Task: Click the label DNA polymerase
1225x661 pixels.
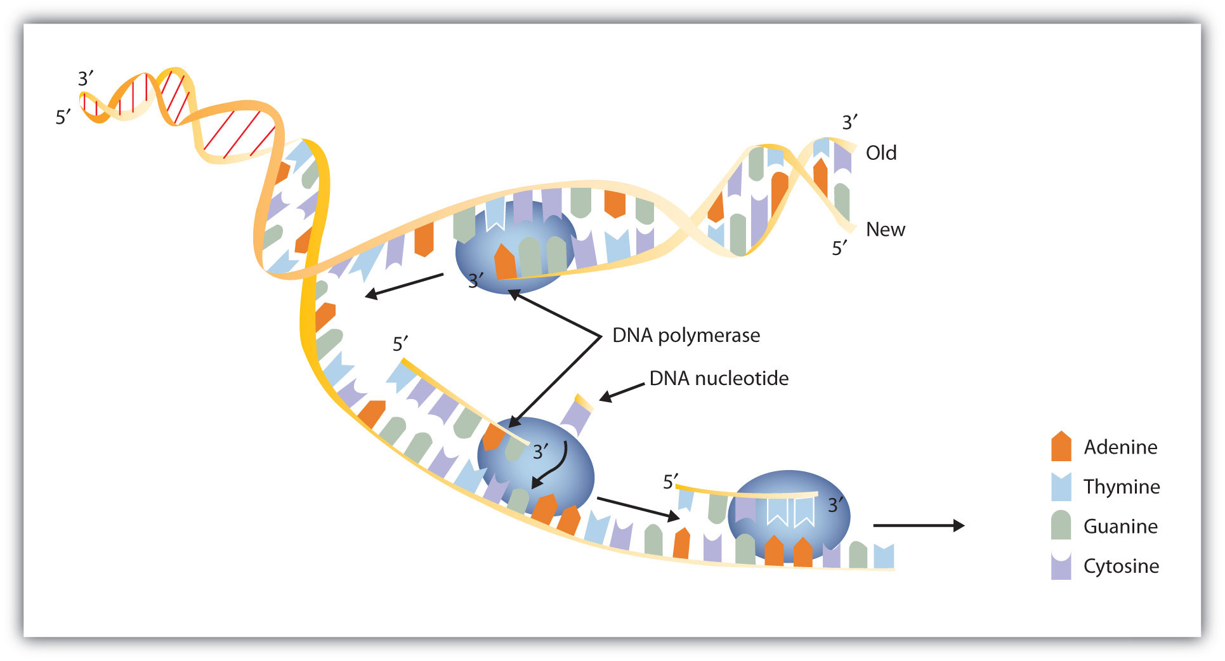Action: (x=686, y=335)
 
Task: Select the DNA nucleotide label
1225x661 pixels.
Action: (x=719, y=378)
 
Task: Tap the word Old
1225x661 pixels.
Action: (x=881, y=153)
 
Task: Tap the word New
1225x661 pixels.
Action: (x=886, y=230)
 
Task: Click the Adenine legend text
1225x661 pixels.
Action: (x=1120, y=447)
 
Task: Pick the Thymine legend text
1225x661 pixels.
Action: (x=1122, y=487)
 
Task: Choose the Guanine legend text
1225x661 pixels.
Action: (x=1120, y=527)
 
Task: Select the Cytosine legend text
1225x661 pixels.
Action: (x=1121, y=566)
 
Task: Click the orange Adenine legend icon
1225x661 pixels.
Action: (x=1061, y=446)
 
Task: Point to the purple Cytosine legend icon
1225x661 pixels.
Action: (x=1061, y=566)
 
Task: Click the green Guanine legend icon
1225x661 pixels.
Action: (x=1061, y=525)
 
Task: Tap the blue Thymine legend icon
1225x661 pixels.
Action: (x=1061, y=487)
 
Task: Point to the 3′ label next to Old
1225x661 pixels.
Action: (x=850, y=122)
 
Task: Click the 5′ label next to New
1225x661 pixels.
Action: (x=840, y=248)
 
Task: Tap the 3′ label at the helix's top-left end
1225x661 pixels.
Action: (x=86, y=78)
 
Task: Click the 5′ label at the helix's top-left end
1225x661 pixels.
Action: (x=63, y=117)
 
